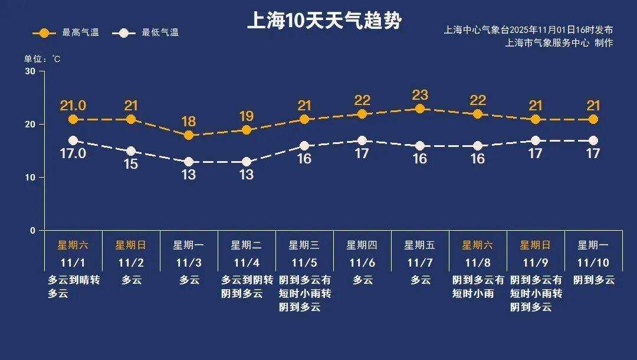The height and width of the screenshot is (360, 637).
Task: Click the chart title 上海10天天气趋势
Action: pyautogui.click(x=324, y=21)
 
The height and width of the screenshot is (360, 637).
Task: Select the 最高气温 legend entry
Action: pyautogui.click(x=66, y=33)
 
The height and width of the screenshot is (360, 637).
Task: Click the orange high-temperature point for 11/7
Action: pyautogui.click(x=420, y=109)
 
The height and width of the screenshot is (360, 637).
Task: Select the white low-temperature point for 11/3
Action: pyautogui.click(x=189, y=162)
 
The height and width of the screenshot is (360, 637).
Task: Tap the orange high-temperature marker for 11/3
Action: pyautogui.click(x=189, y=135)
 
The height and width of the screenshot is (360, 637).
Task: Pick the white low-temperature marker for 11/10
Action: pyautogui.click(x=593, y=140)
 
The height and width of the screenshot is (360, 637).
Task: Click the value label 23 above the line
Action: pyautogui.click(x=420, y=95)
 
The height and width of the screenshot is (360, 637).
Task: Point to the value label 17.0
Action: pyautogui.click(x=73, y=153)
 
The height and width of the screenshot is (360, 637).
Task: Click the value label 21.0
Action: pyautogui.click(x=73, y=106)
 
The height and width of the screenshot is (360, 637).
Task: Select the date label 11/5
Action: pyautogui.click(x=304, y=263)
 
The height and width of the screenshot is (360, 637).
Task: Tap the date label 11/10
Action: pyautogui.click(x=593, y=263)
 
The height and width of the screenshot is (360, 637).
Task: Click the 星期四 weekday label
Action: pyautogui.click(x=362, y=245)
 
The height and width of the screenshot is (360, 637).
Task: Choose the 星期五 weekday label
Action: pyautogui.click(x=419, y=245)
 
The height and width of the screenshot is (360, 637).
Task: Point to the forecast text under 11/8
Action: pyautogui.click(x=478, y=286)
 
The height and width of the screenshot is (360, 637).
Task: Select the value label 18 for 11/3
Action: pyautogui.click(x=189, y=122)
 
